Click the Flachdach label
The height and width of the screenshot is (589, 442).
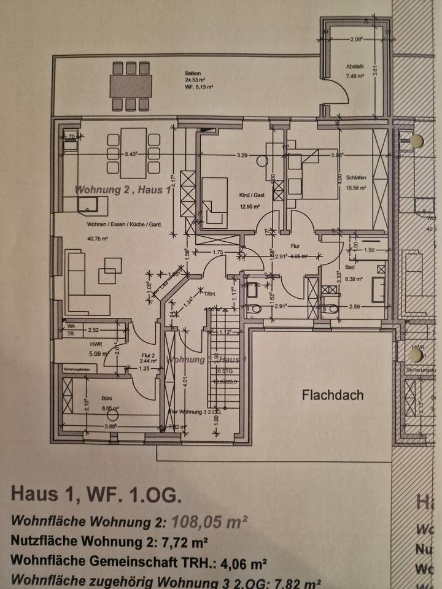pyautogui.click(x=332, y=395)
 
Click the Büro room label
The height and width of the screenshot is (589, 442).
pyautogui.click(x=90, y=398)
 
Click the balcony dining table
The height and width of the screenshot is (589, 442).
pyautogui.click(x=130, y=86)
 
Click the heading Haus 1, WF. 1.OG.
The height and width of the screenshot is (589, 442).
pyautogui.click(x=96, y=495)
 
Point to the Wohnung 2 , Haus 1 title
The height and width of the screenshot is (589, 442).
pyautogui.click(x=123, y=190)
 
